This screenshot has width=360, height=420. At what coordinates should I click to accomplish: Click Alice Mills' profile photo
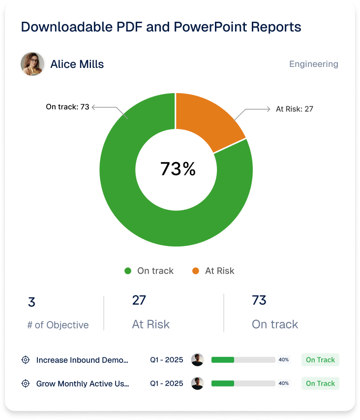tap(32, 64)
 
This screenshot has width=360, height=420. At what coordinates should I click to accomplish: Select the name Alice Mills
tap(77, 64)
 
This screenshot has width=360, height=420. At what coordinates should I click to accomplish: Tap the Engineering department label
tap(313, 64)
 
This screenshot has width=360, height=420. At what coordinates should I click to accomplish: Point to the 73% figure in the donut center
tap(178, 169)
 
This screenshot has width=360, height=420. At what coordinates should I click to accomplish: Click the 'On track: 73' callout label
tap(67, 106)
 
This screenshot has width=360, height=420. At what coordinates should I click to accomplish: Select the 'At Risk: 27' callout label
tap(295, 109)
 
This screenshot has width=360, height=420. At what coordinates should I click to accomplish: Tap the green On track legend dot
tap(128, 271)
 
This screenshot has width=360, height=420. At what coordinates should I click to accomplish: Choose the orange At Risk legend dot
tap(196, 271)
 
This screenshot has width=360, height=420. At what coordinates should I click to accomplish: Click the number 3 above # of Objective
tap(31, 302)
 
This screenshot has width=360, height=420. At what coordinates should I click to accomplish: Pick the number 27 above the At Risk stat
tap(139, 300)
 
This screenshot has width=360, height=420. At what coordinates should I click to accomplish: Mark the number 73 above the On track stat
tap(259, 300)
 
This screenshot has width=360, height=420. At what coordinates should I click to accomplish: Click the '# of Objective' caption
tap(58, 325)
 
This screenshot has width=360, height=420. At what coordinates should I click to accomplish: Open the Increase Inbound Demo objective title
tap(82, 360)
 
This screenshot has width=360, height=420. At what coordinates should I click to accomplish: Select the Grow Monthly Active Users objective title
tap(82, 384)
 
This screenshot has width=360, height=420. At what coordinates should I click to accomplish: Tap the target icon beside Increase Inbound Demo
tap(26, 360)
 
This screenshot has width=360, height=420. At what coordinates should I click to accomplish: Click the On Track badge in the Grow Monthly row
tap(320, 384)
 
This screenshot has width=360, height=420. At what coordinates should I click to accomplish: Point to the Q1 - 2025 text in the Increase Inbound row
tap(167, 360)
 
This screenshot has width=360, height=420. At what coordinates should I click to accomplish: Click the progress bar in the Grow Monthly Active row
tap(243, 384)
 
